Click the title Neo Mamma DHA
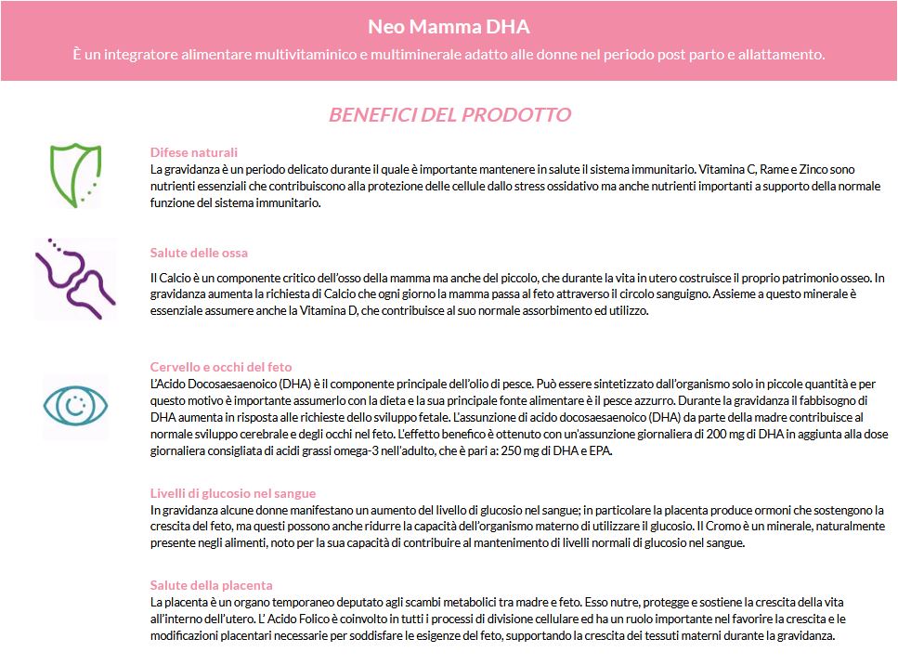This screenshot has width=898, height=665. [x=449, y=26]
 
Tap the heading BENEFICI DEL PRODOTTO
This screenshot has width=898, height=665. [x=449, y=115]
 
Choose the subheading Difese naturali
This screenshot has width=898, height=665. [x=194, y=152]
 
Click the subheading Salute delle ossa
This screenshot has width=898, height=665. [x=199, y=253]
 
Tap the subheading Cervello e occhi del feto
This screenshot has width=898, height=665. [x=221, y=367]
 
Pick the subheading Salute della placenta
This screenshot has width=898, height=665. [x=212, y=585]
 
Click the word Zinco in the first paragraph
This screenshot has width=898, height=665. [x=815, y=169]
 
